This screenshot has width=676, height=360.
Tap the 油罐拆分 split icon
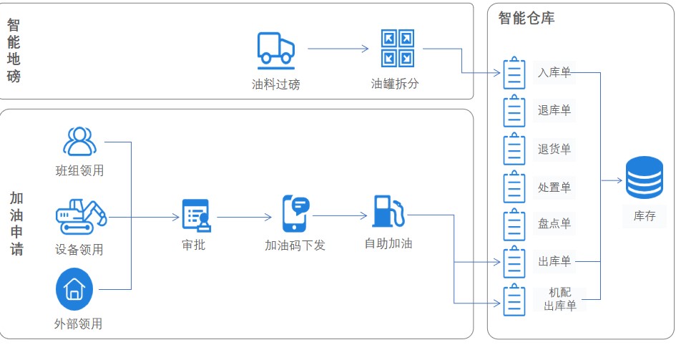point(397,48)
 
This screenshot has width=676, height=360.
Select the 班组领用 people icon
point(79,142)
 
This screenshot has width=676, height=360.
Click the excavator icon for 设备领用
point(81,216)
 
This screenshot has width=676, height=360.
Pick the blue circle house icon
point(74,289)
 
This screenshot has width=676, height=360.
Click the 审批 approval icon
point(195,216)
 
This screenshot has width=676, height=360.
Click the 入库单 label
point(554,72)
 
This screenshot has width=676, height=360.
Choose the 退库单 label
point(554,110)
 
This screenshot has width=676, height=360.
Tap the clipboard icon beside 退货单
point(514,149)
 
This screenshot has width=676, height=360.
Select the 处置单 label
point(554,188)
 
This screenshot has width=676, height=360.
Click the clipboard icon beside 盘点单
point(514,225)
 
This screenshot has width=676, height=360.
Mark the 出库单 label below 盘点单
point(554,262)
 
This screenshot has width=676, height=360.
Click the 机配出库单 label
point(559,299)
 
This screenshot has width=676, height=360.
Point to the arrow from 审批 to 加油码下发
point(245,217)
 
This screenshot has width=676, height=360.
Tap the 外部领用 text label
point(78,323)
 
